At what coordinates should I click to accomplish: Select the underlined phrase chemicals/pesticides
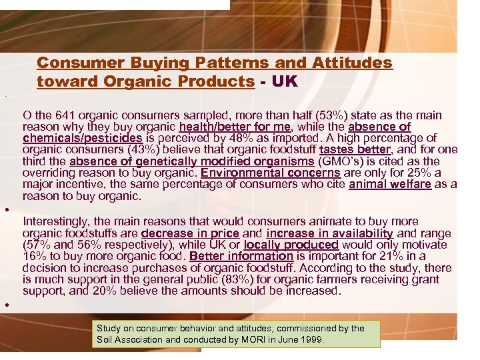coord(82,138)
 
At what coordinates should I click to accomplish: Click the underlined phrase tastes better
coord(355,149)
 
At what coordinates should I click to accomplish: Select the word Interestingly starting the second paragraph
coord(54,221)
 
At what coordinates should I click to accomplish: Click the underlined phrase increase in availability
coord(329,233)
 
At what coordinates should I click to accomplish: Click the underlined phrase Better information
coord(241,256)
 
